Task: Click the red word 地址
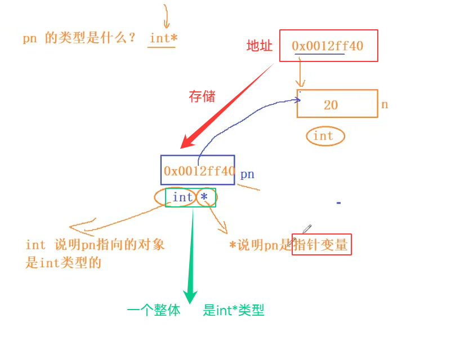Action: pyautogui.click(x=260, y=46)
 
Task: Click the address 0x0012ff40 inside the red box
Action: pyautogui.click(x=327, y=46)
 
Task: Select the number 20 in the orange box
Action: pyautogui.click(x=331, y=105)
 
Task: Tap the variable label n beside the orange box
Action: pyautogui.click(x=385, y=105)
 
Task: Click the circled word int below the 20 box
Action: pyautogui.click(x=323, y=136)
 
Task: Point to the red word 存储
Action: pyautogui.click(x=202, y=96)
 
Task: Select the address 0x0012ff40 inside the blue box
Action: pyautogui.click(x=198, y=171)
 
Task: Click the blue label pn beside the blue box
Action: pyautogui.click(x=247, y=174)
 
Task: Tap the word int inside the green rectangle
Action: pyautogui.click(x=182, y=197)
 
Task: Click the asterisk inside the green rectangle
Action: pyautogui.click(x=204, y=197)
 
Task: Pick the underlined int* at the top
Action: pyautogui.click(x=163, y=38)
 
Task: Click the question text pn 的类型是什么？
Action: pyautogui.click(x=79, y=39)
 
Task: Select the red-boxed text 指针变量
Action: pyautogui.click(x=321, y=245)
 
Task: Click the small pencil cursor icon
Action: pyautogui.click(x=307, y=228)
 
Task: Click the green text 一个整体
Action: pyautogui.click(x=154, y=310)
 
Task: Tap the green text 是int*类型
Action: pyautogui.click(x=234, y=310)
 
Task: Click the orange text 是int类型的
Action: pyautogui.click(x=63, y=263)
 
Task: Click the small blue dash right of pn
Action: pyautogui.click(x=338, y=202)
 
